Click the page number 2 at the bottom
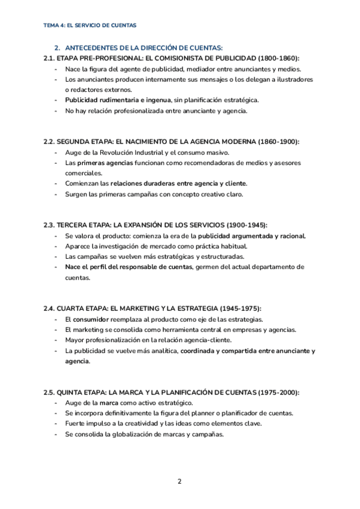[179, 481]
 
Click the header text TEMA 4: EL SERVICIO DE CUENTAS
[90, 26]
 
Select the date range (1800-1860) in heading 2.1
[279, 58]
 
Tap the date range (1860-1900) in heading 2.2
[278, 142]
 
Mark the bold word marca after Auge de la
[109, 403]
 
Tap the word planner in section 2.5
[216, 413]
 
